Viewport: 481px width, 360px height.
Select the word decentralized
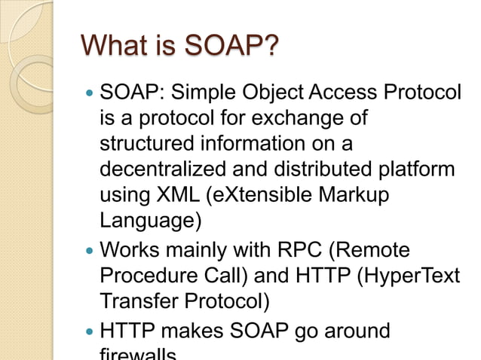(x=162, y=169)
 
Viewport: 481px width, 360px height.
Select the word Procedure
(x=148, y=273)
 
